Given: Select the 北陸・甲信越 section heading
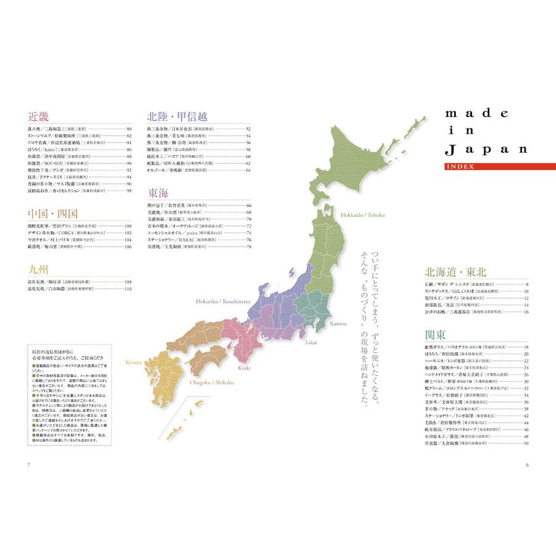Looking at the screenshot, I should click(x=177, y=116).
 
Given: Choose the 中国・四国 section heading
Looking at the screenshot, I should click(x=53, y=214).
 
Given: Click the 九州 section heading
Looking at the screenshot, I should click(x=38, y=269).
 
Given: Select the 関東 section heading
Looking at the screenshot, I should click(x=436, y=335).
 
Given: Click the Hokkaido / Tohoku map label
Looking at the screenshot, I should click(x=362, y=214).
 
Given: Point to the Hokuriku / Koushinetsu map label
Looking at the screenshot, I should click(x=223, y=301).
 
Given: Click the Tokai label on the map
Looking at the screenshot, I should click(x=311, y=341).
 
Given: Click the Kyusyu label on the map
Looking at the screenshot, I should click(x=135, y=362).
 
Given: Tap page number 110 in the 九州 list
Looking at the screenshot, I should click(x=128, y=289).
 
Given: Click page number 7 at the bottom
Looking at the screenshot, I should click(x=28, y=465).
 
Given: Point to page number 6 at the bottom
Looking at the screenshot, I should click(x=527, y=465).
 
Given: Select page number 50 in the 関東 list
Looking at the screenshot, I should click(x=526, y=443).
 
